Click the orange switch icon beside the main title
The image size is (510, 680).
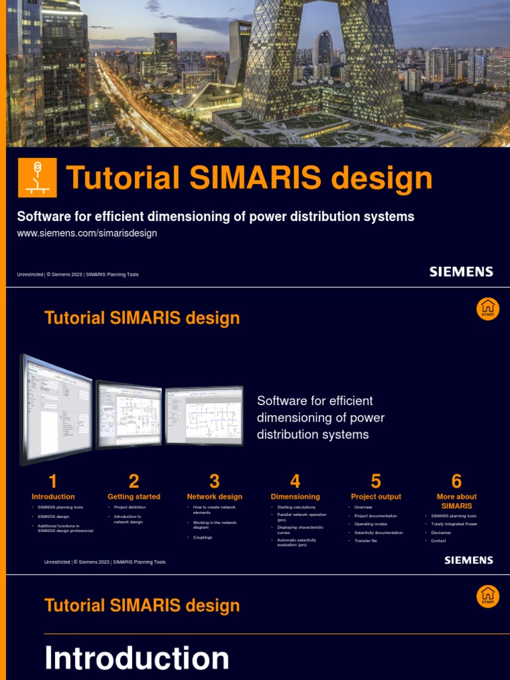point(37,177)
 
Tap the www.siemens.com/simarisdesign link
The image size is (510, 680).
point(86,233)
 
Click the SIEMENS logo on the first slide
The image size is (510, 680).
point(461,272)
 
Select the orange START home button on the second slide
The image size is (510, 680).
point(488,309)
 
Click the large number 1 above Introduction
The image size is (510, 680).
point(53,481)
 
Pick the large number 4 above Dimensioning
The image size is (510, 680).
point(295,481)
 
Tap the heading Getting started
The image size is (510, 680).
point(133,497)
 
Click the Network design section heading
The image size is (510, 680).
point(214,497)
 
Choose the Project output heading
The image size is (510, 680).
point(376,497)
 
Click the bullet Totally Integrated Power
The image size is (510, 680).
point(454,524)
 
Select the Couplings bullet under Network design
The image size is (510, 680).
point(203,537)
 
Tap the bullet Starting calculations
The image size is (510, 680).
point(296,507)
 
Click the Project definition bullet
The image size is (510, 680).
point(129,507)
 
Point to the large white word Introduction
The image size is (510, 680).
point(137,658)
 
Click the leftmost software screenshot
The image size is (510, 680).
point(56,408)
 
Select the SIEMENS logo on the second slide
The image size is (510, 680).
point(469,560)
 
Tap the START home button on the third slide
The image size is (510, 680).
point(488,596)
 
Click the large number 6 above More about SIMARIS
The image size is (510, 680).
point(456,481)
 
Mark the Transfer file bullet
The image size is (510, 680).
point(366,541)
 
